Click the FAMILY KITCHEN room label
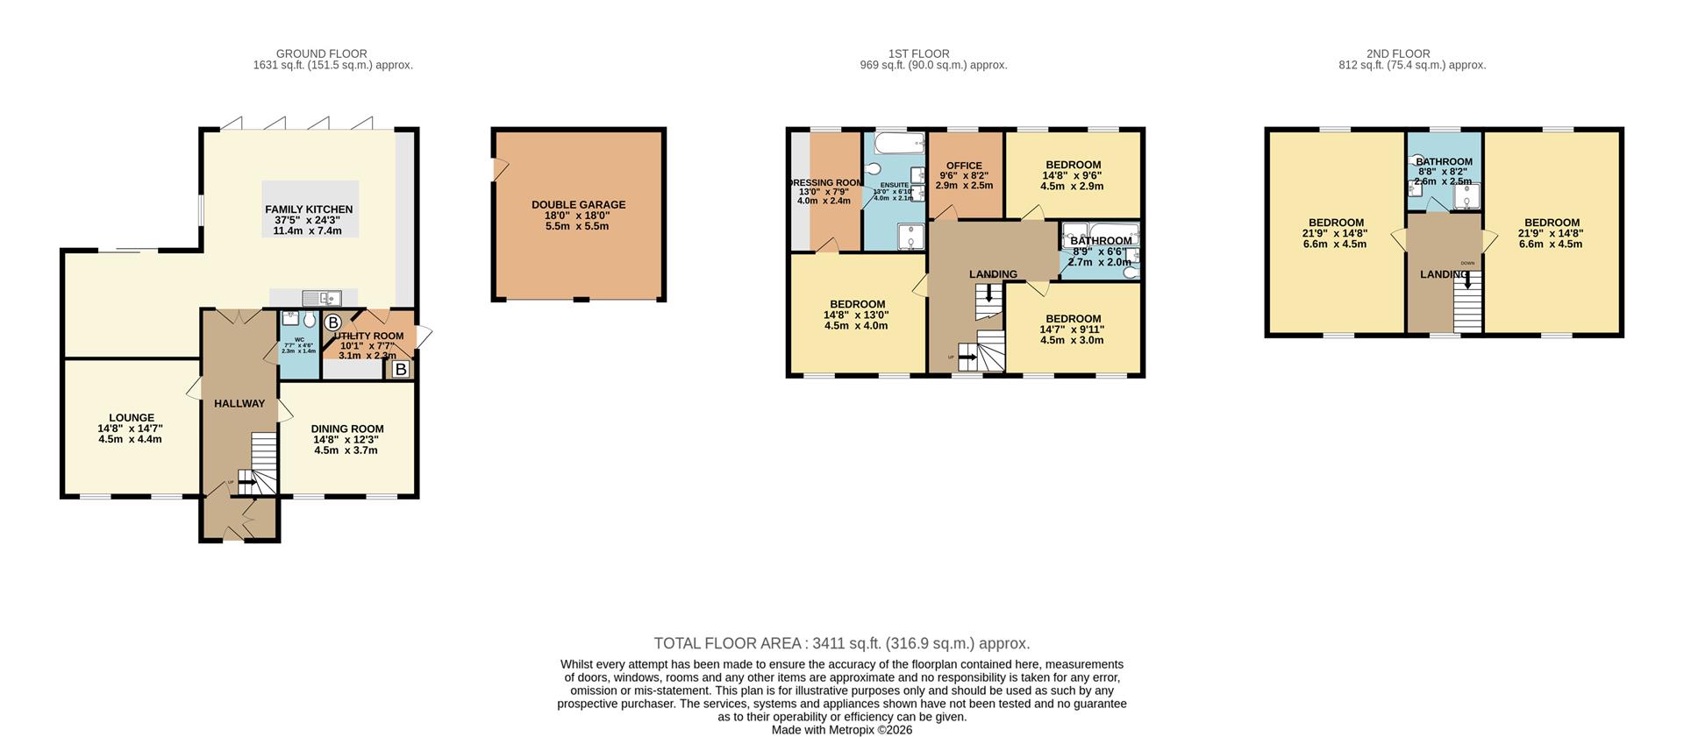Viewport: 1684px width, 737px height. point(309,209)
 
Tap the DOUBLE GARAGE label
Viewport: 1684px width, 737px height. point(578,205)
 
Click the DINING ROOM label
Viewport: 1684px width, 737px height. point(347,429)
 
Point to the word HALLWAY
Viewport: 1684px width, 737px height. point(239,404)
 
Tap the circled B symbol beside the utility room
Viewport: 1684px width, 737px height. point(332,322)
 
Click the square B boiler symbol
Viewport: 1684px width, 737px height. point(401,370)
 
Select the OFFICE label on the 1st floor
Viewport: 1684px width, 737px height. point(964,166)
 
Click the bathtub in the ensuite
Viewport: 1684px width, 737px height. point(895,141)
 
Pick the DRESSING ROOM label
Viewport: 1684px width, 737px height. point(824,182)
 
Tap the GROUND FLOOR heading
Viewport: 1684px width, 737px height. point(321,53)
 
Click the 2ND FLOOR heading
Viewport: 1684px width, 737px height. point(1398,53)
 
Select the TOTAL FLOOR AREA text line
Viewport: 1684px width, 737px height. point(841,643)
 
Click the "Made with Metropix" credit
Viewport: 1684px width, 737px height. point(841,729)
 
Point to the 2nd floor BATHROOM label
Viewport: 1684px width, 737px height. point(1444,161)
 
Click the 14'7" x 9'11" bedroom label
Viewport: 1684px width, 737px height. point(1072,330)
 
